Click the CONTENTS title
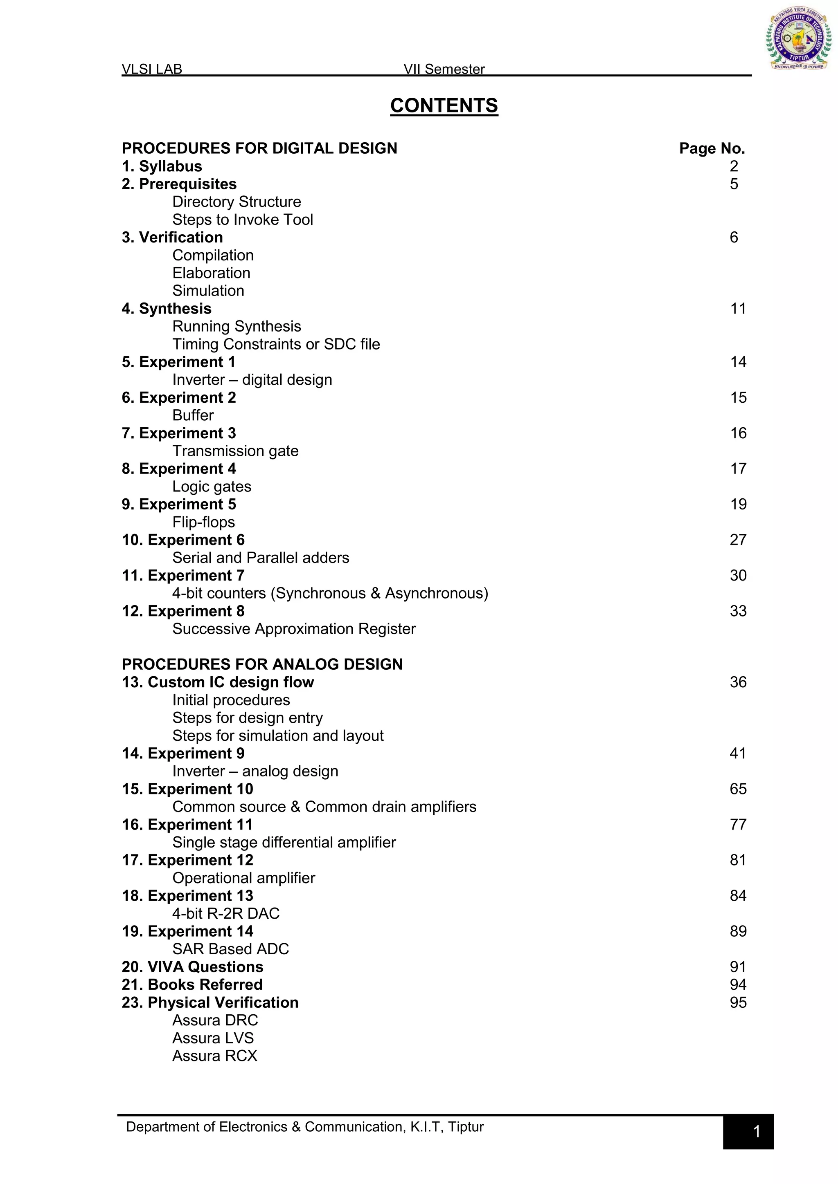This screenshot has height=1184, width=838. point(444,106)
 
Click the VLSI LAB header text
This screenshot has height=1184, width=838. point(152,69)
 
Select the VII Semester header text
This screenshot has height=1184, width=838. point(444,69)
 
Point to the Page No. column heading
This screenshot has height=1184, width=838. point(712,148)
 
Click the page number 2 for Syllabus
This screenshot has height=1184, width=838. point(734,166)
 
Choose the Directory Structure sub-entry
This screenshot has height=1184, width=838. point(237,202)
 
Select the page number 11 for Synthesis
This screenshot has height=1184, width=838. point(738,308)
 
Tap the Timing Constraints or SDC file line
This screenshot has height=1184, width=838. point(276,344)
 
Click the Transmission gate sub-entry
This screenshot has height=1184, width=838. point(235,451)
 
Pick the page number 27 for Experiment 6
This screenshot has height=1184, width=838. point(738,540)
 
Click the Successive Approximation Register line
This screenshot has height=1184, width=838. point(294,629)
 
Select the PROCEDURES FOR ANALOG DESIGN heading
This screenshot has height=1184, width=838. point(262,664)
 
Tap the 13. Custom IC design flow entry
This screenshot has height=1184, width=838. point(218,682)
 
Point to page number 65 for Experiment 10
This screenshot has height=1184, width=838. point(738,789)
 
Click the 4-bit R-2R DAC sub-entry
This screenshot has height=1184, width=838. point(225,913)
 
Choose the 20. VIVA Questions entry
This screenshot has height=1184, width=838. point(192,967)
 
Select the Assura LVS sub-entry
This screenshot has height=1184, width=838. point(213,1038)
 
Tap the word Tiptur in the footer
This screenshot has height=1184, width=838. point(465,1127)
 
